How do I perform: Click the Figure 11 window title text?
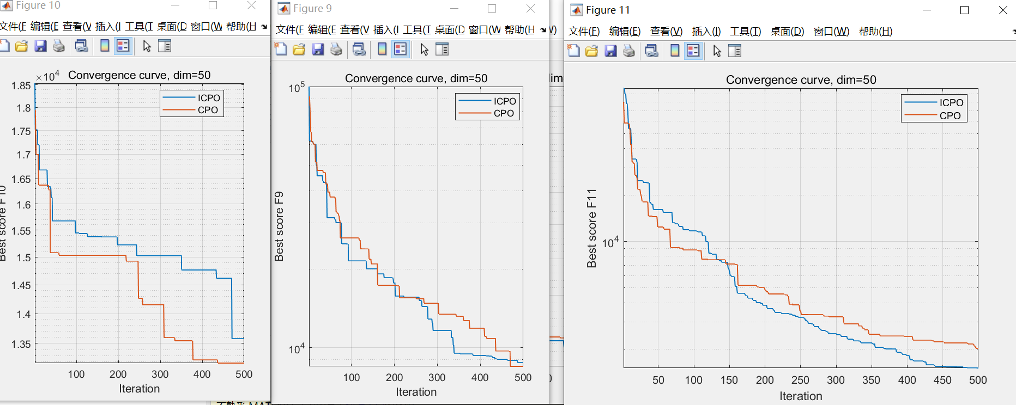607,10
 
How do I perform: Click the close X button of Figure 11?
1002,10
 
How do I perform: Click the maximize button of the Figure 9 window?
492,9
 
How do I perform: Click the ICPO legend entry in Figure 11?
951,102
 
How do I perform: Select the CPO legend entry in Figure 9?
504,113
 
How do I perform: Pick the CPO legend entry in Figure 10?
208,110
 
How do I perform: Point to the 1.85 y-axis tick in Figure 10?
21,85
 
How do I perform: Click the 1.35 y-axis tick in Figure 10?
21,344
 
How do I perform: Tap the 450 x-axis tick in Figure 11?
942,380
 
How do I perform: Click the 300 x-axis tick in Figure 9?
437,377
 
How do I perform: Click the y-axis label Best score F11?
591,228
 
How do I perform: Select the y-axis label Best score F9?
279,226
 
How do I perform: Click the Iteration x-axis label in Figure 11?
800,396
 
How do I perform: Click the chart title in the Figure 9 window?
416,78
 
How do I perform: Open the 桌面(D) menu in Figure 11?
787,32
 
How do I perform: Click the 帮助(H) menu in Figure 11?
875,32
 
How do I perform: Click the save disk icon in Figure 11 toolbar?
610,51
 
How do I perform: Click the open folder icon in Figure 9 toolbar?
299,50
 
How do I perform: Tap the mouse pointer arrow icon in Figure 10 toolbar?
147,46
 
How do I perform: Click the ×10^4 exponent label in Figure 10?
47,77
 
